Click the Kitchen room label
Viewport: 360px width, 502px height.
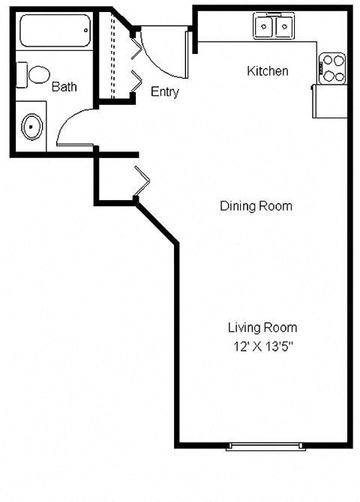[x=268, y=72]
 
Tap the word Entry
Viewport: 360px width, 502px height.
[x=165, y=92]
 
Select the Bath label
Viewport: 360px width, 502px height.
[x=64, y=87]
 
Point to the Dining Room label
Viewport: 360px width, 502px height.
[x=256, y=206]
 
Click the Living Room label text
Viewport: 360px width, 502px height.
[x=262, y=327]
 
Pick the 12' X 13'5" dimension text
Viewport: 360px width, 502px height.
[x=262, y=346]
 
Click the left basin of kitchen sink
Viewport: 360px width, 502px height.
[x=265, y=28]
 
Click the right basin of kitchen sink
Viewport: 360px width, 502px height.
[x=285, y=28]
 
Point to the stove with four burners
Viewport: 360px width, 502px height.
[x=332, y=68]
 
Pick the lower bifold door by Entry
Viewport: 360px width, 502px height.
[x=137, y=82]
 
